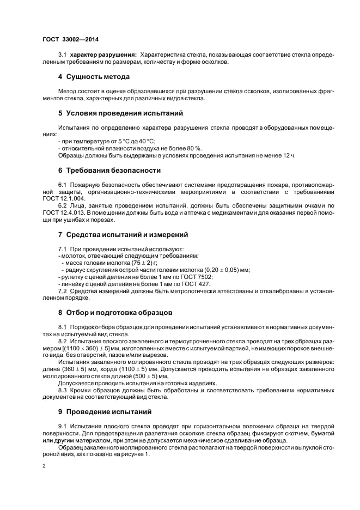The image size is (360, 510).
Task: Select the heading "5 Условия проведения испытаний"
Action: (120, 113)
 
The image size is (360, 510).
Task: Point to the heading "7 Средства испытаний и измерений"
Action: (123, 234)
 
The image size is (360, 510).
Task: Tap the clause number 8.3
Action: (64, 391)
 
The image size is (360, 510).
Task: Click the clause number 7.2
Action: (64, 291)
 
